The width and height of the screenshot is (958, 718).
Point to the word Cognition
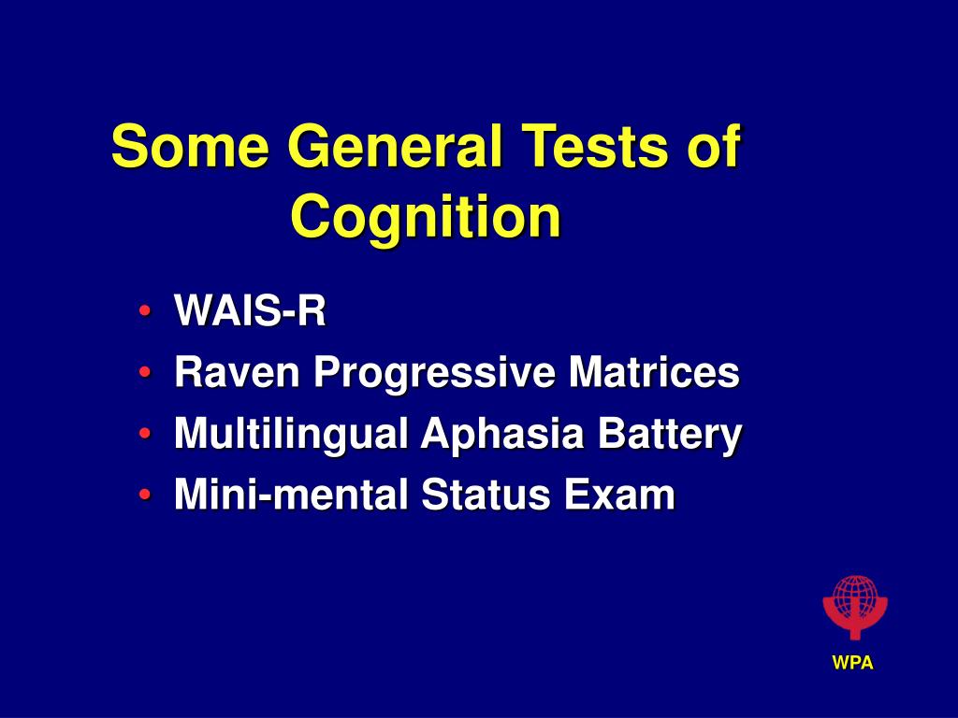pyautogui.click(x=426, y=218)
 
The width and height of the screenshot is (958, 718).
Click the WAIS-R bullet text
pyautogui.click(x=250, y=310)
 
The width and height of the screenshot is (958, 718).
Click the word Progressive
pyautogui.click(x=434, y=373)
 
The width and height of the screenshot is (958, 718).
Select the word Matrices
pyautogui.click(x=654, y=372)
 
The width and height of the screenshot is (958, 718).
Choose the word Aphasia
pyautogui.click(x=502, y=434)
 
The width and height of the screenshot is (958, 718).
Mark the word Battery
pyautogui.click(x=670, y=434)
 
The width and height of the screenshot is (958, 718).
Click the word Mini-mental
pyautogui.click(x=291, y=494)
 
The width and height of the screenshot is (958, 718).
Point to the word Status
pyautogui.click(x=486, y=494)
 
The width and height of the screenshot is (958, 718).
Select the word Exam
pyautogui.click(x=619, y=494)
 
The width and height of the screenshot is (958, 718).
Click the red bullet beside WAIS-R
pyautogui.click(x=145, y=310)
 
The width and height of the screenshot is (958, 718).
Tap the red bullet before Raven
pyautogui.click(x=145, y=372)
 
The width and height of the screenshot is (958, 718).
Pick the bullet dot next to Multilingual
pyautogui.click(x=145, y=434)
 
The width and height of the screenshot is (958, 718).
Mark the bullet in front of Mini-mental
pyautogui.click(x=145, y=494)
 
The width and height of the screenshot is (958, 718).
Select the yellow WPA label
pyautogui.click(x=853, y=663)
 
